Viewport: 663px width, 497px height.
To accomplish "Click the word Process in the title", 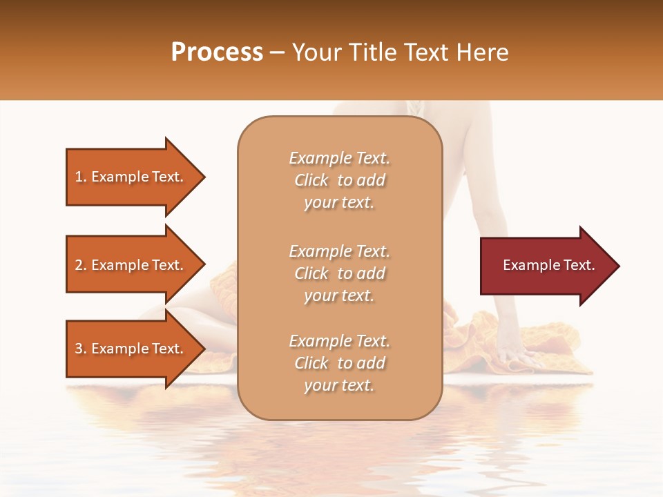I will coord(217,52).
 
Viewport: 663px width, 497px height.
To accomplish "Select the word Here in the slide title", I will coord(483,52).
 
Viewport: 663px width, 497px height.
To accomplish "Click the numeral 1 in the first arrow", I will coord(79,177).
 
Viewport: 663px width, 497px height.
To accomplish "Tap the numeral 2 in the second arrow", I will coord(79,265).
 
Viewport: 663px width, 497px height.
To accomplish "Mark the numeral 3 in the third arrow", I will coord(79,349).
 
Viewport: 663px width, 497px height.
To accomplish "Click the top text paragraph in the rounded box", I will coord(339,180).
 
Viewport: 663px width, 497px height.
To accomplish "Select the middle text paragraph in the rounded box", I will coord(339,273).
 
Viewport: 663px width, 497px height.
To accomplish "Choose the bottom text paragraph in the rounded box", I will coord(339,363).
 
